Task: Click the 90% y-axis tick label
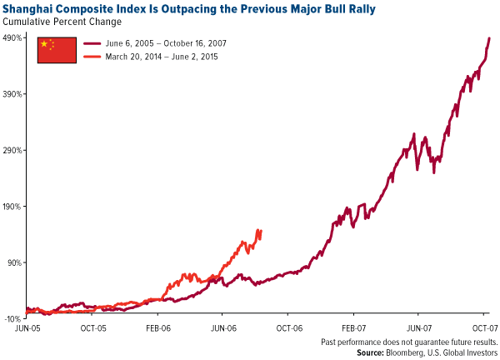pyautogui.click(x=15, y=262)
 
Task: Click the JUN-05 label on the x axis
pyautogui.click(x=28, y=328)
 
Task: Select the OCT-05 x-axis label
pyautogui.click(x=93, y=328)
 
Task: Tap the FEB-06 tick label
pyautogui.click(x=158, y=328)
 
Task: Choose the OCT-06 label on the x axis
pyautogui.click(x=288, y=328)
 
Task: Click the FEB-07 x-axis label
pyautogui.click(x=353, y=328)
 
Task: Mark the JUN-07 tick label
pyautogui.click(x=418, y=328)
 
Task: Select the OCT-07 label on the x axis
pyautogui.click(x=482, y=328)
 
